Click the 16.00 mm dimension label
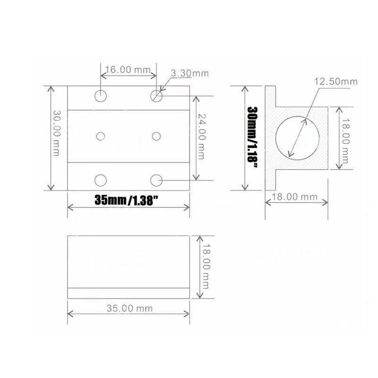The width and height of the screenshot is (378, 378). point(128,69)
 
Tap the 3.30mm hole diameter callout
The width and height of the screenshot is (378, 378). point(190,73)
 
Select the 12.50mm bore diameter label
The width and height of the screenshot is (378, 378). point(336,81)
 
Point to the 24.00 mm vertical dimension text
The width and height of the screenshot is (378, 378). point(201,137)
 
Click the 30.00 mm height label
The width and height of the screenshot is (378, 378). point(56,133)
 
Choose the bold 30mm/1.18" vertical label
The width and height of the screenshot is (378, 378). point(253,137)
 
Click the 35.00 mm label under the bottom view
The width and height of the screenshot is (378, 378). point(129,309)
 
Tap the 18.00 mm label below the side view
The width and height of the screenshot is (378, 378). point(294,197)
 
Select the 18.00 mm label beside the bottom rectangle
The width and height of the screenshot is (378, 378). point(206,266)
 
